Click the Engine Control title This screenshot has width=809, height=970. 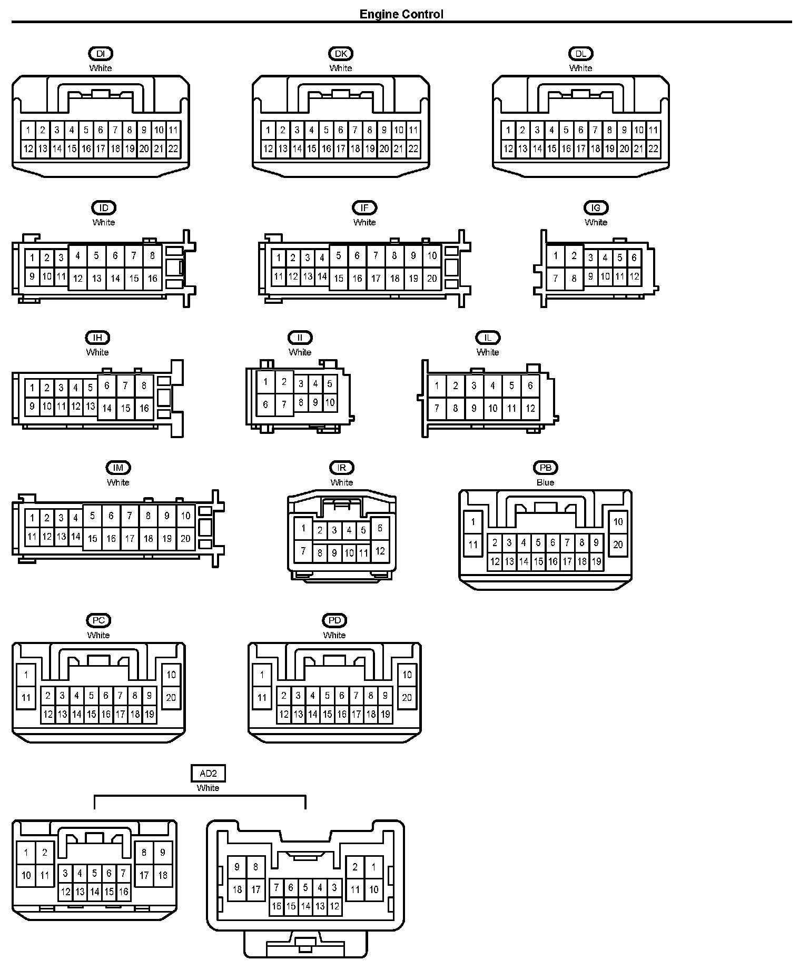point(401,14)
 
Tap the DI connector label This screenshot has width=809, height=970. point(101,54)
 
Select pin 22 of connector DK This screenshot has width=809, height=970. point(413,149)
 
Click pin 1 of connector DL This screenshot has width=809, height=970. point(508,130)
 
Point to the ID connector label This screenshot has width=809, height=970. point(104,208)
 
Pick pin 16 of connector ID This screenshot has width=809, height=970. point(153,279)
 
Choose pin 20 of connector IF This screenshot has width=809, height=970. point(432,279)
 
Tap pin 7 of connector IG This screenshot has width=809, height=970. point(555,279)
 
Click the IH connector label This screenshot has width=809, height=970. point(97,338)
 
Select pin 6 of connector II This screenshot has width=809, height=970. point(265,404)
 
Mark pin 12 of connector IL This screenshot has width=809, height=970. point(530,408)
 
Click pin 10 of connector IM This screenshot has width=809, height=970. point(185,516)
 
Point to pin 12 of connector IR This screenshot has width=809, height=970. point(380,551)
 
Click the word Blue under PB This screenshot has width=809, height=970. point(545,482)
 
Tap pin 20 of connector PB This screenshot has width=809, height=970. point(618,545)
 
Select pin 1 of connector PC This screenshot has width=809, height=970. point(26,675)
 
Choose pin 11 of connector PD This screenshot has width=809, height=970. point(262,698)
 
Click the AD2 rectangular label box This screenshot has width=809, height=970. point(208,774)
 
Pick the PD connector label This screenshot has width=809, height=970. point(334,621)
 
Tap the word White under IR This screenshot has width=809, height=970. point(342,482)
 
